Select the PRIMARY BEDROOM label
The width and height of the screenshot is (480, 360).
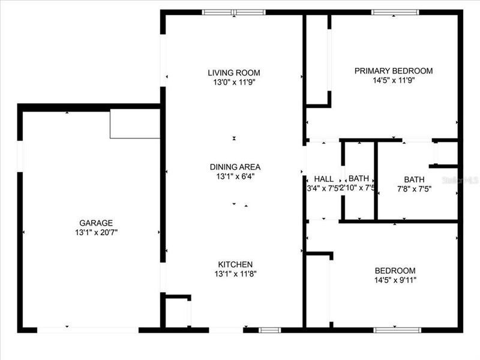point(393,71)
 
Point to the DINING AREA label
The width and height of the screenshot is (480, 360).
point(235,167)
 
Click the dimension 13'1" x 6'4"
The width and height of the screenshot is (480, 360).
point(235,176)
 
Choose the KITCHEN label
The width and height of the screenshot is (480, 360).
point(235,264)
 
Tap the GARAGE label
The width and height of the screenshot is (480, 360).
point(96,223)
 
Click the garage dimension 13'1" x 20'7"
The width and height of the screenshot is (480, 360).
point(96,232)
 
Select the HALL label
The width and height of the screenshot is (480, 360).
point(323,179)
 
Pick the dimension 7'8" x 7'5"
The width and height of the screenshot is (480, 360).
point(413,188)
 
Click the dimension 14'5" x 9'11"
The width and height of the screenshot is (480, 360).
point(395,280)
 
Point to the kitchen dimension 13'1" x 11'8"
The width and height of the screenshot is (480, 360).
point(235,274)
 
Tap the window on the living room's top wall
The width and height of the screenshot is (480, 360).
point(233,12)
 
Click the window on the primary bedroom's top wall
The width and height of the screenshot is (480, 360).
point(395,12)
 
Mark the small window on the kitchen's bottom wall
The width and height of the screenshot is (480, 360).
point(270,329)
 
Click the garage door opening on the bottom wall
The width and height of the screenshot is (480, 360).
point(88,329)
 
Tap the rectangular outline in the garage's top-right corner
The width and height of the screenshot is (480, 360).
point(134,124)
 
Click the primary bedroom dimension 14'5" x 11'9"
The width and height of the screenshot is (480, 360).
point(393,80)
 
